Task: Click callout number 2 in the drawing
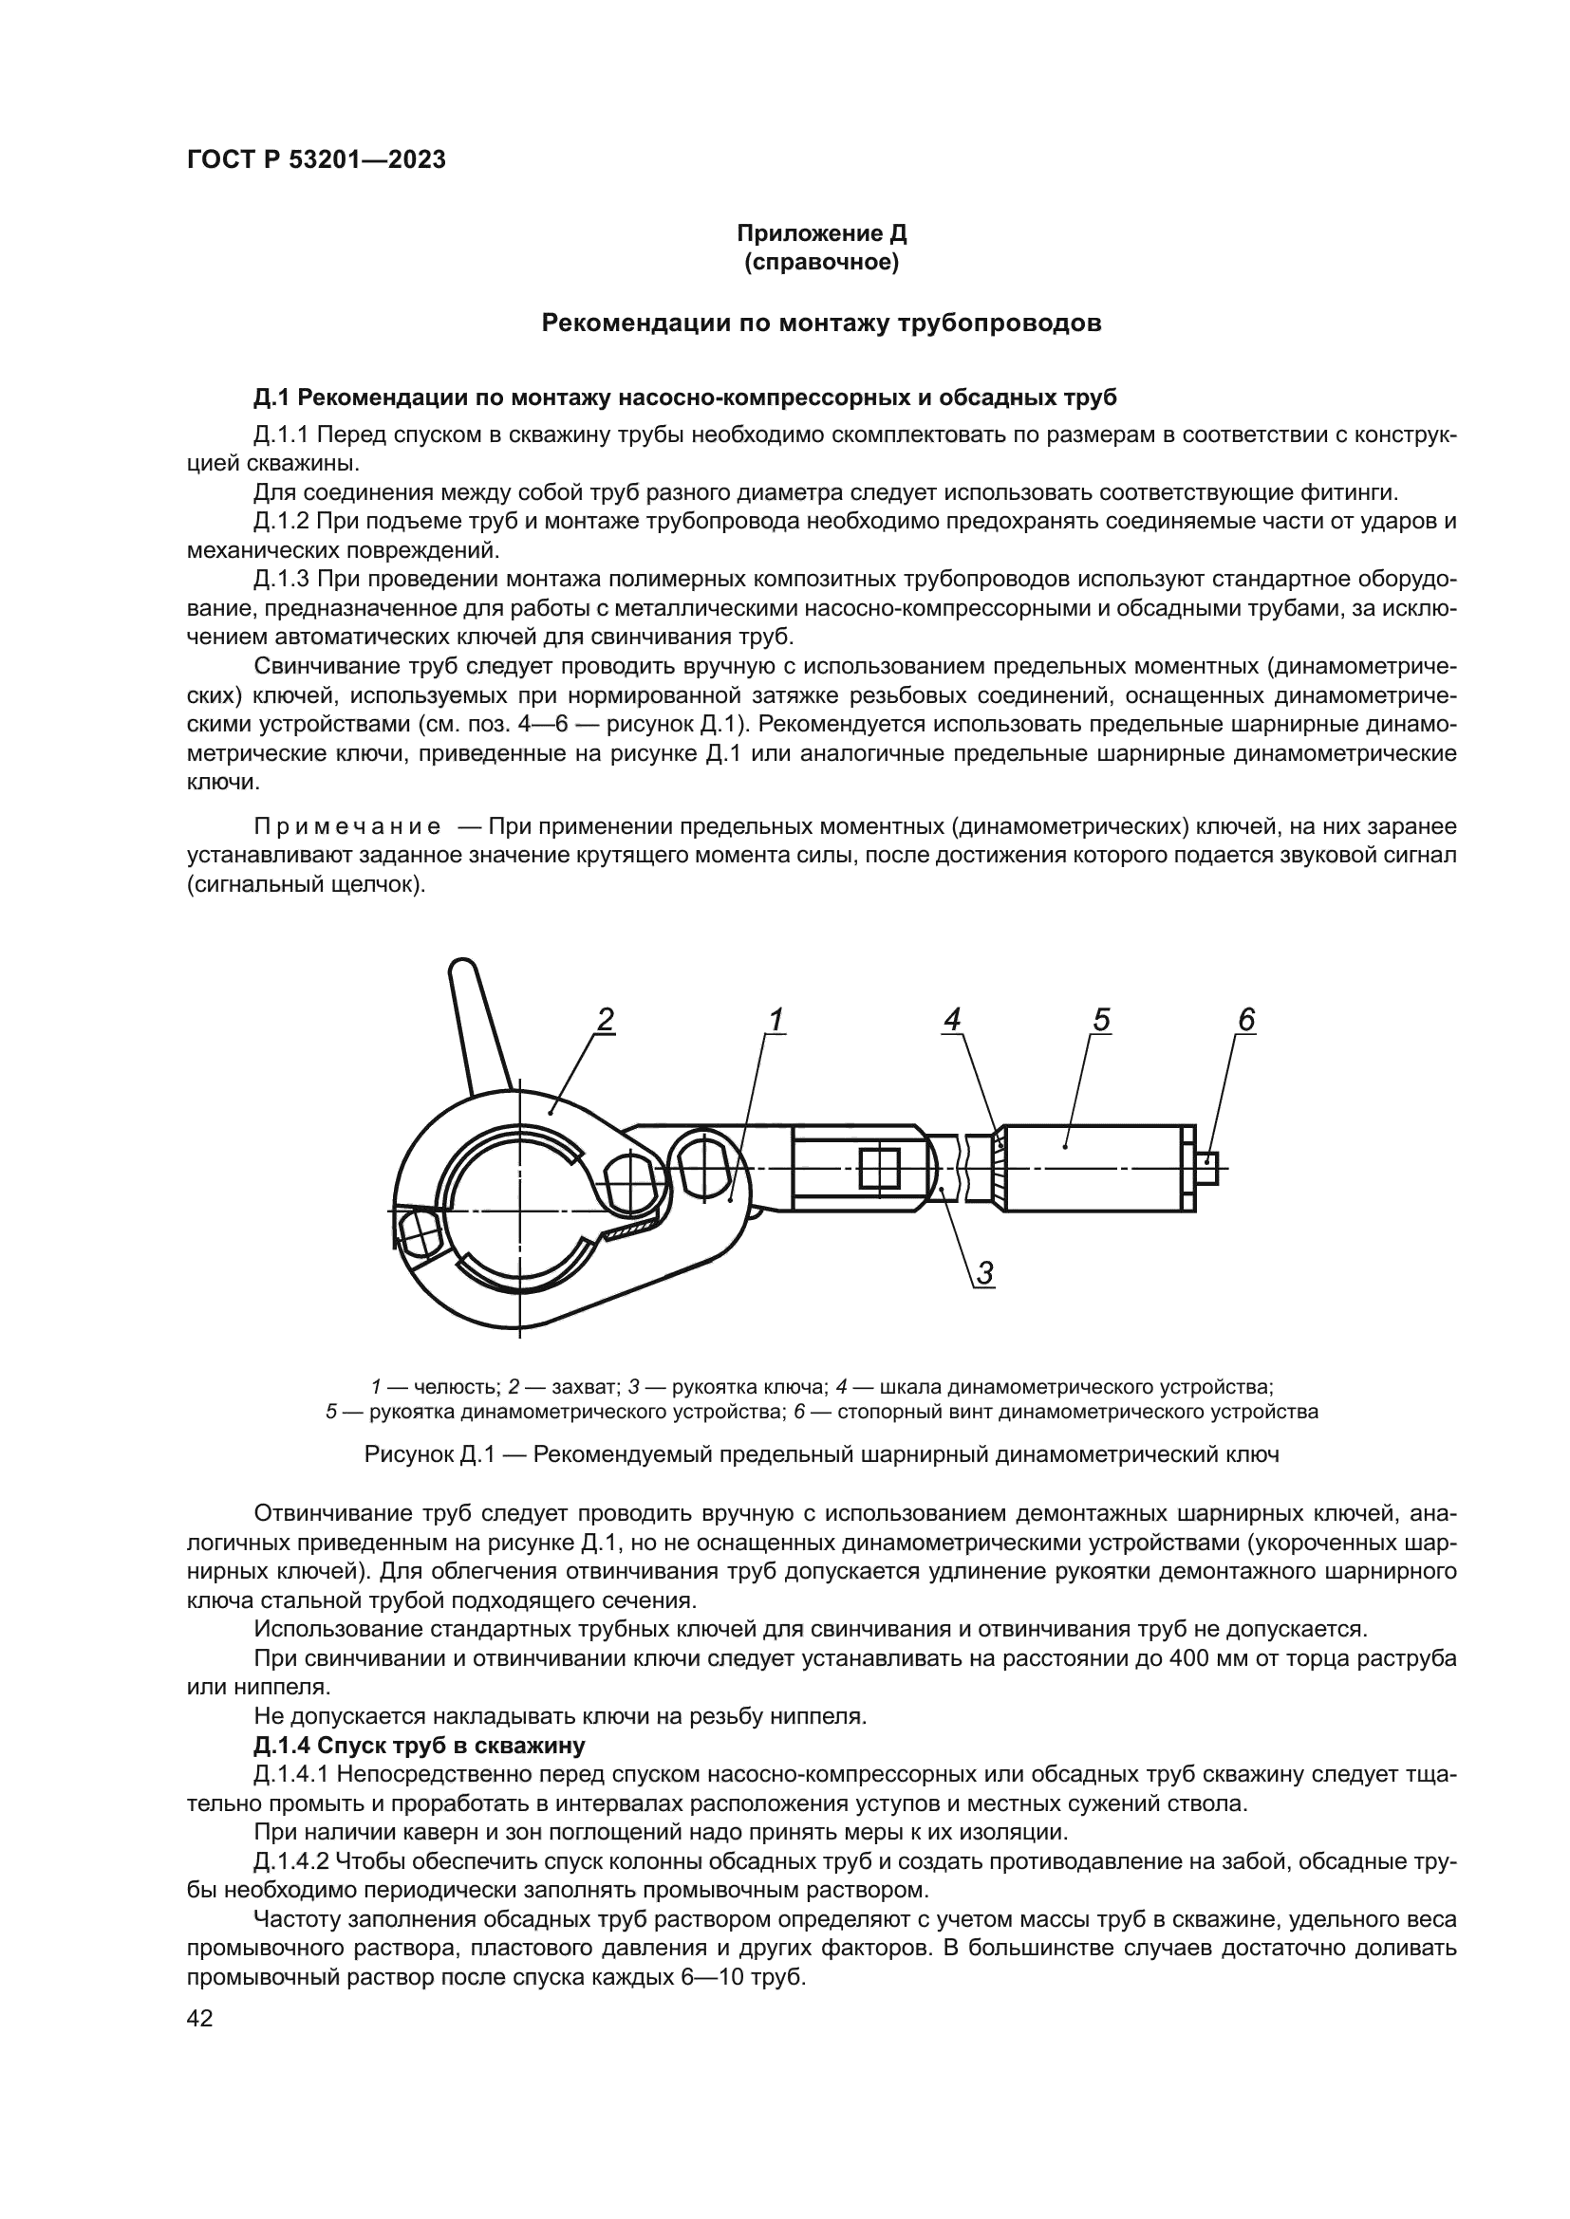(x=606, y=1021)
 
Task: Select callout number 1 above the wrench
(x=775, y=1021)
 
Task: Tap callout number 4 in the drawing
(x=952, y=1021)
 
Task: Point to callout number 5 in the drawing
(x=1101, y=1021)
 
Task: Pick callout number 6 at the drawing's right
(x=1246, y=1021)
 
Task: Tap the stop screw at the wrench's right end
(x=1207, y=1170)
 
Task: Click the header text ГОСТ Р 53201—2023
(x=316, y=160)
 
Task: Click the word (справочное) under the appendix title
(x=821, y=263)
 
